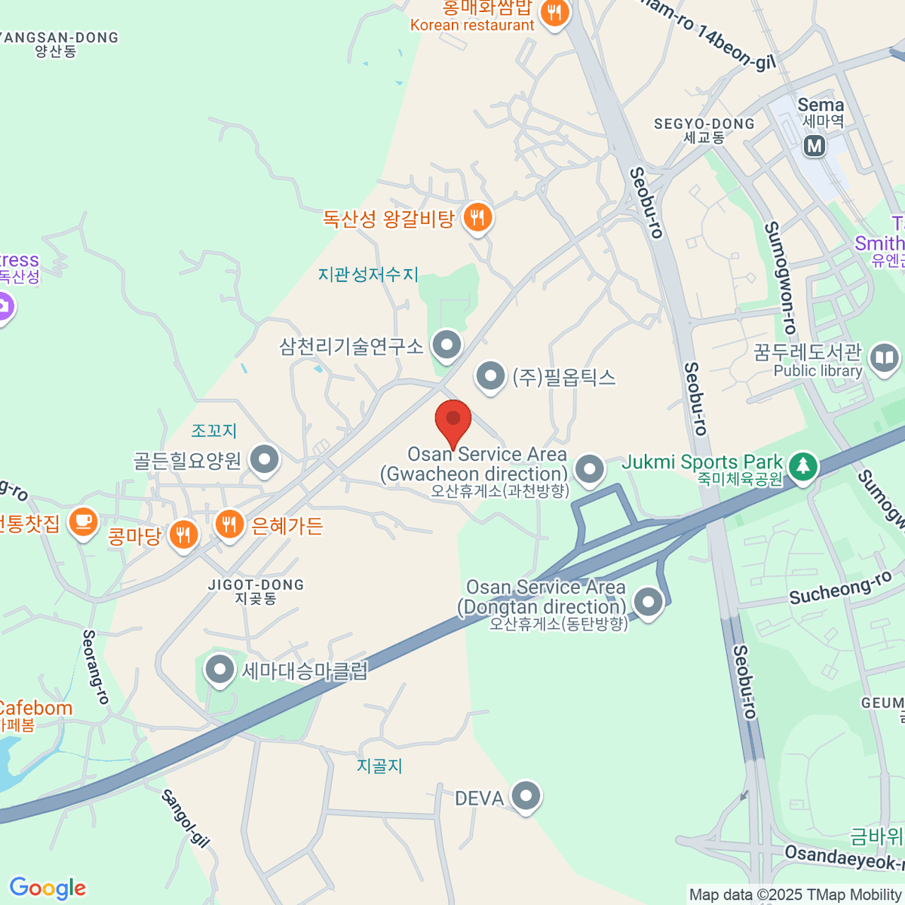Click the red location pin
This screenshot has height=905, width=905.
[x=453, y=421]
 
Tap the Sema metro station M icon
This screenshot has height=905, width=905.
[x=814, y=146]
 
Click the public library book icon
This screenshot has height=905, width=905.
[x=884, y=358]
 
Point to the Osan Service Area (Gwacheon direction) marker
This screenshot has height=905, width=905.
[x=589, y=469]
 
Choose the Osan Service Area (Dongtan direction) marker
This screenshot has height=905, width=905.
[x=648, y=602]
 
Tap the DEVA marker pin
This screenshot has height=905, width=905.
[x=526, y=795]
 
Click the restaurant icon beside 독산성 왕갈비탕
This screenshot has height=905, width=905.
[x=477, y=218]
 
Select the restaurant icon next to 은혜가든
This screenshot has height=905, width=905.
[x=229, y=523]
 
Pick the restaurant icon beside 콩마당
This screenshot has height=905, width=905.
[x=183, y=535]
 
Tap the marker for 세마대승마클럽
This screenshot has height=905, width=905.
[x=220, y=669]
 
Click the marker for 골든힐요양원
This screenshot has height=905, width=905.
[x=265, y=459]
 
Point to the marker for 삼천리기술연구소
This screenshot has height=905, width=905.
[x=447, y=345]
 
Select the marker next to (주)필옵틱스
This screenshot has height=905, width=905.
[x=490, y=375]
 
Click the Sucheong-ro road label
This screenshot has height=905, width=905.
[x=839, y=588]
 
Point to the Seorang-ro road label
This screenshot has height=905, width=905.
[x=96, y=667]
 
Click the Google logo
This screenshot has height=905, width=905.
[x=48, y=888]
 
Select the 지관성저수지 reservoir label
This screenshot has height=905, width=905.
[x=368, y=275]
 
